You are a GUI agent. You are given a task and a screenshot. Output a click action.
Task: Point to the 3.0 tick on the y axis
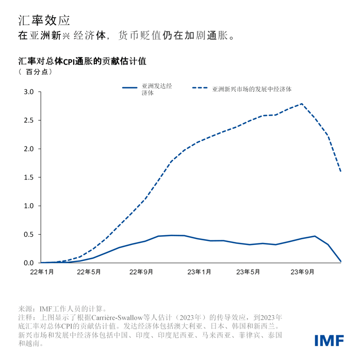[28, 92]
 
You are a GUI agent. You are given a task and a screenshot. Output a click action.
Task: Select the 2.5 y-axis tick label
[28, 121]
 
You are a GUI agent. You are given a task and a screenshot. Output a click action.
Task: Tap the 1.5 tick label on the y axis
[28, 177]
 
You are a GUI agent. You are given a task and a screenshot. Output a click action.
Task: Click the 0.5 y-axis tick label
[28, 235]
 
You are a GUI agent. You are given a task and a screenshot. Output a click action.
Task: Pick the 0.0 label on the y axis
[28, 263]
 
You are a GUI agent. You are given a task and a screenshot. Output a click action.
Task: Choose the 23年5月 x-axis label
[248, 272]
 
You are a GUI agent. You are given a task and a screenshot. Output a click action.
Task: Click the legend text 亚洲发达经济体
[157, 89]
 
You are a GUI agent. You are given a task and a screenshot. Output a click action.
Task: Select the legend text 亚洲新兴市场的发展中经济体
[252, 89]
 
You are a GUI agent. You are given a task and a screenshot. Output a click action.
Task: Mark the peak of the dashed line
[302, 104]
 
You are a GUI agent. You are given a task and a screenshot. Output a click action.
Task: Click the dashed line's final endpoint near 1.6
[341, 171]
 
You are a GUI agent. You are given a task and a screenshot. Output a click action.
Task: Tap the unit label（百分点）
[36, 72]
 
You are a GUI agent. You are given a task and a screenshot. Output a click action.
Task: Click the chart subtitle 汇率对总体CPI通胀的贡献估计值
[83, 61]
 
